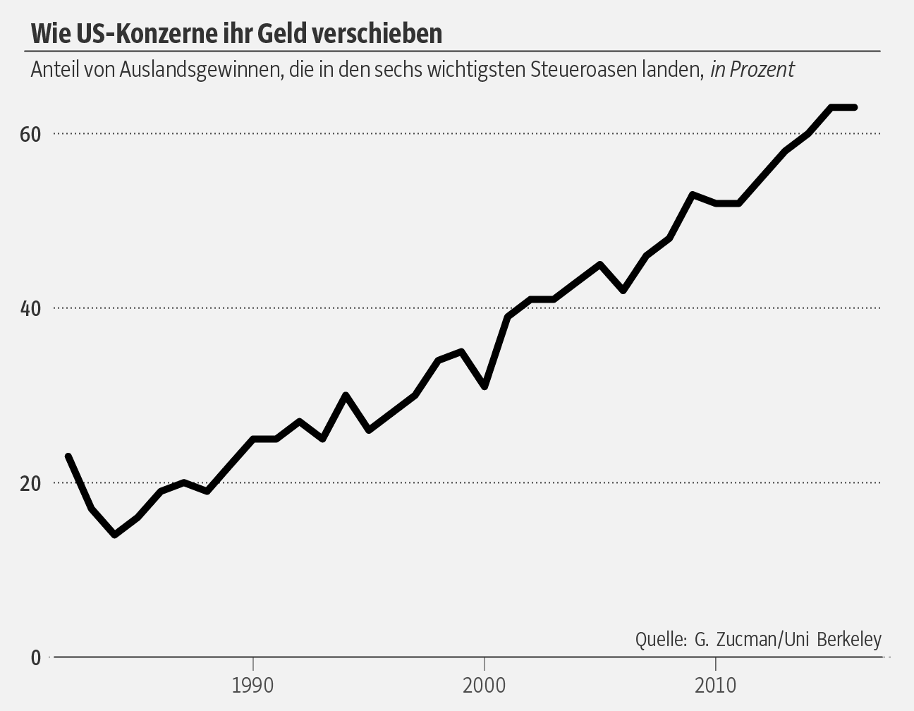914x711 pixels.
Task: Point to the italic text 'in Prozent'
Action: coord(752,70)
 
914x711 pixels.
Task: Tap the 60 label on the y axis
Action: coord(30,134)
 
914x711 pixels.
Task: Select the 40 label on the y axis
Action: coord(30,308)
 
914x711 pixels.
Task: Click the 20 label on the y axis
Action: coord(30,483)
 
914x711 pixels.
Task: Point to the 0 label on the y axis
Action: coord(36,657)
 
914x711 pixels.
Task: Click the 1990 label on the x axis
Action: coord(252,685)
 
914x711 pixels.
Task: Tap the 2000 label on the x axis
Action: coord(485,685)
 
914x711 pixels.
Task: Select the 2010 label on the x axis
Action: coord(716,685)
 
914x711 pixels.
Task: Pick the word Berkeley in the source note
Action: coord(849,639)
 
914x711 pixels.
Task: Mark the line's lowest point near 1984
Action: coord(114,535)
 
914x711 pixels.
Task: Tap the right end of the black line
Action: coord(854,107)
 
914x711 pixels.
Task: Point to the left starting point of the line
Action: coord(68,456)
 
